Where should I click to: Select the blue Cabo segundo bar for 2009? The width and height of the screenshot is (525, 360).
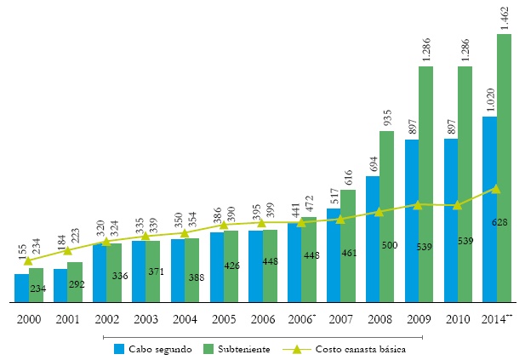click(412, 221)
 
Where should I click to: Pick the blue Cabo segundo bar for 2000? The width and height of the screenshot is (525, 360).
click(21, 288)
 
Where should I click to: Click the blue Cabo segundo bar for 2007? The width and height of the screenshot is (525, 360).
click(334, 255)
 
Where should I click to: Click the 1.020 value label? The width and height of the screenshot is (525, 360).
click(489, 100)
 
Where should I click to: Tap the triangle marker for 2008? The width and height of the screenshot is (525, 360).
click(379, 212)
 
